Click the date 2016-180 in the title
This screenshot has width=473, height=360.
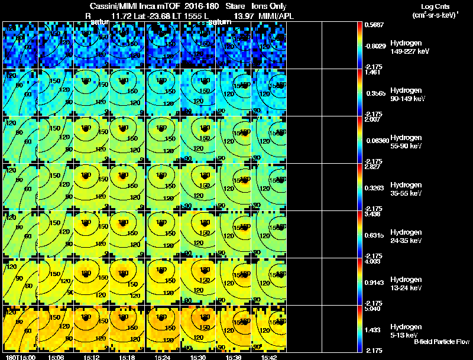pos(189,6)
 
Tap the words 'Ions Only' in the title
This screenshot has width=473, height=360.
pos(265,6)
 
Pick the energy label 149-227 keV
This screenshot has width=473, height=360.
pos(410,51)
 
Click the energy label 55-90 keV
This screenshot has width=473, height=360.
pos(406,146)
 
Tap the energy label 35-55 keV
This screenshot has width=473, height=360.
pos(406,193)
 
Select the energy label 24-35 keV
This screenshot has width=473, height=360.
pos(406,241)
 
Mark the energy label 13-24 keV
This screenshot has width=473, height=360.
pos(406,288)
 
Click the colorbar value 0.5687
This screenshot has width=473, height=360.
pos(372,25)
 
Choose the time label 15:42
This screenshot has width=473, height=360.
pos(268,357)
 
